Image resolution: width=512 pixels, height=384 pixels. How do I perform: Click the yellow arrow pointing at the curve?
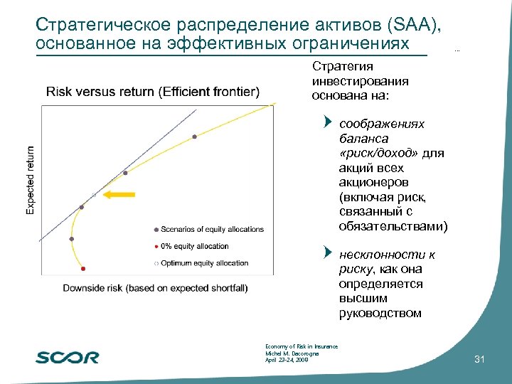click(119, 193)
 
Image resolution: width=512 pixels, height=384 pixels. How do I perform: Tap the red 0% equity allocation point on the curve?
click(84, 269)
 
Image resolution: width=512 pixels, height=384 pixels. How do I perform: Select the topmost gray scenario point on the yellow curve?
click(194, 137)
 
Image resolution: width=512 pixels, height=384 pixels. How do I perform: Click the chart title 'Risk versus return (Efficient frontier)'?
click(153, 92)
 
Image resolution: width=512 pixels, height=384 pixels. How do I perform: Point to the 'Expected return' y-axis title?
click(30, 180)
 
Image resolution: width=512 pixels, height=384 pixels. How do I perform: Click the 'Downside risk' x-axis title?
click(155, 288)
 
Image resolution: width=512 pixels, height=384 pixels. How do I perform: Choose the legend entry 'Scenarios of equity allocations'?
click(212, 229)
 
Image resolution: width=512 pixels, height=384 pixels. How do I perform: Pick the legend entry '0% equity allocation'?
click(194, 246)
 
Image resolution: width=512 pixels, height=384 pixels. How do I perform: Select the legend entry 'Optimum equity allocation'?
click(204, 263)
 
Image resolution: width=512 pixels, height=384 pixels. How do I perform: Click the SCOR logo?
click(68, 358)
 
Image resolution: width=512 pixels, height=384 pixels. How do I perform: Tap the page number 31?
click(479, 361)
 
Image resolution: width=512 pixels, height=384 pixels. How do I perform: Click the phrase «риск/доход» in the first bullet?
click(379, 154)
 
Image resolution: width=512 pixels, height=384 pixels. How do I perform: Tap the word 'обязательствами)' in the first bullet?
click(393, 227)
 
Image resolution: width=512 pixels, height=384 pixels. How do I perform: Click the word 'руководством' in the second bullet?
click(380, 313)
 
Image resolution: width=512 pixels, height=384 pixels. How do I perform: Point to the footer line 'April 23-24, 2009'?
click(286, 360)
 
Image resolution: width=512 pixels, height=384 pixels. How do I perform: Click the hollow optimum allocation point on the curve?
click(94, 194)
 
